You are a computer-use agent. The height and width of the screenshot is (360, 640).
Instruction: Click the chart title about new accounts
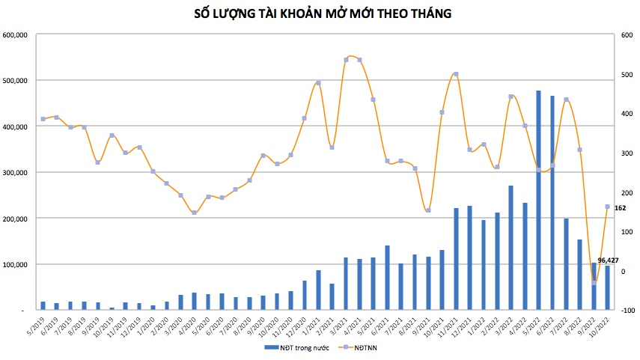[322, 13]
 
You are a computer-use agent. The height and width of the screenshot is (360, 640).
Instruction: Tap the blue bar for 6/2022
[552, 202]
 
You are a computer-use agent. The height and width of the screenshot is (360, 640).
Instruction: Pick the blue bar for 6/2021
[387, 277]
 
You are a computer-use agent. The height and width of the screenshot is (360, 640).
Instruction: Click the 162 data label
[620, 207]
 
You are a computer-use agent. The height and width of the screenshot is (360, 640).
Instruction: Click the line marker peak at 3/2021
[346, 59]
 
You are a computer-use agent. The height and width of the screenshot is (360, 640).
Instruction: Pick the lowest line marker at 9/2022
[594, 282]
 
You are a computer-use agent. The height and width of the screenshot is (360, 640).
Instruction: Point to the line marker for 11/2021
[456, 74]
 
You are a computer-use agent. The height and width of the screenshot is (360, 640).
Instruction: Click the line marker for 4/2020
[195, 213]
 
